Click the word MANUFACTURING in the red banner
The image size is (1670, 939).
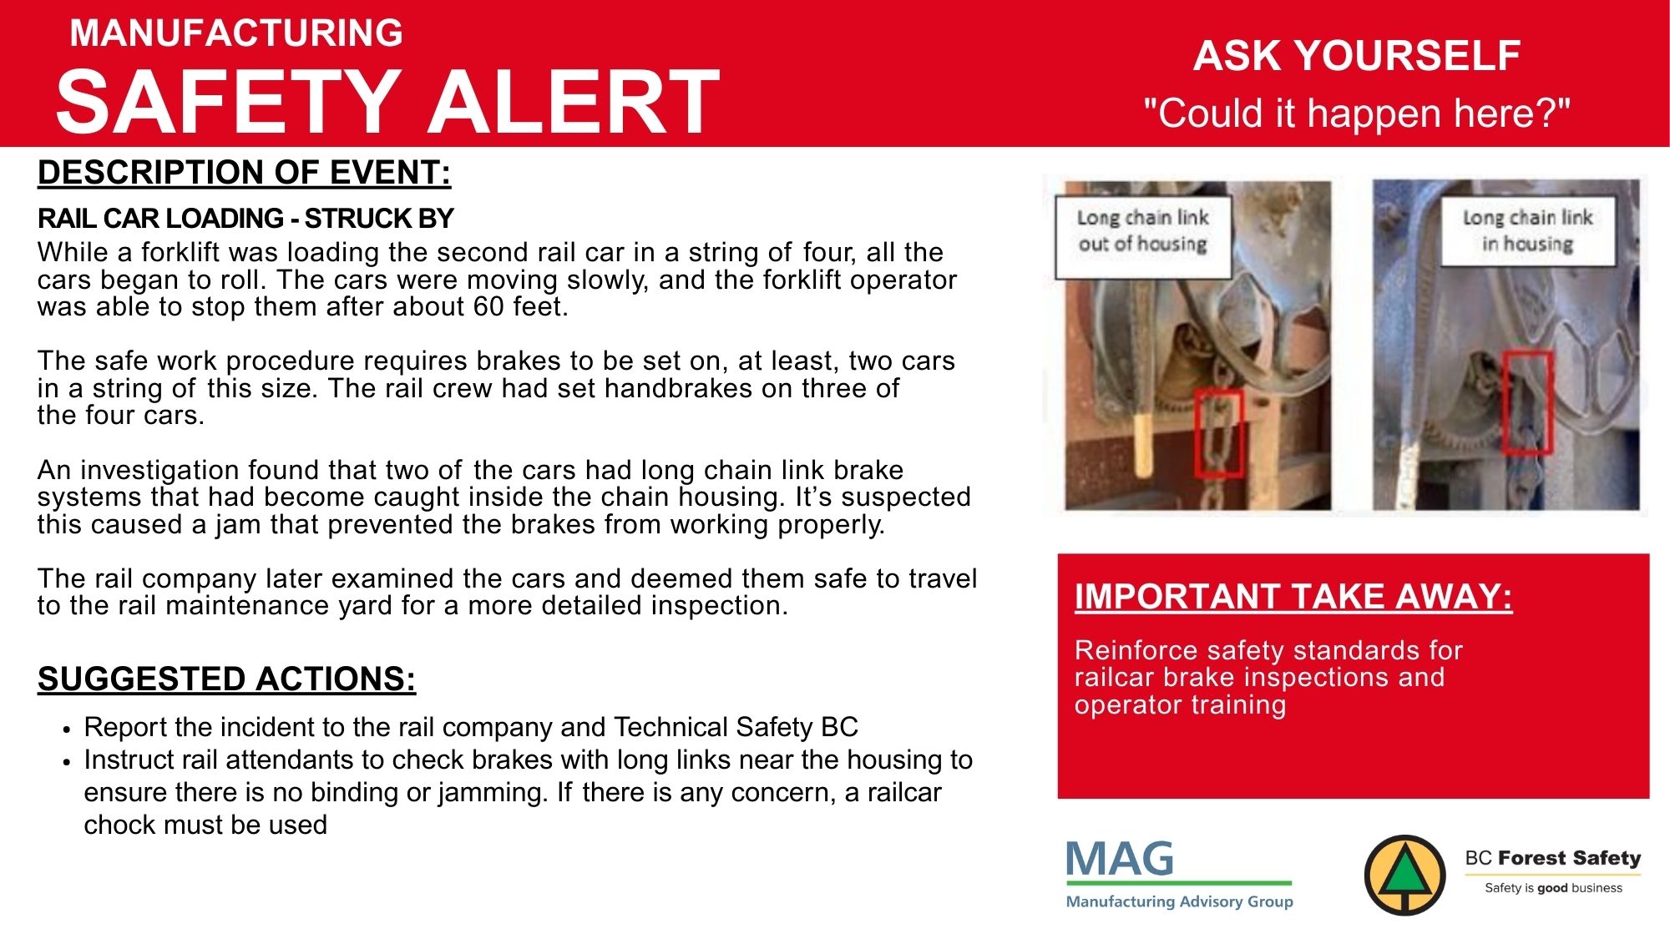236,33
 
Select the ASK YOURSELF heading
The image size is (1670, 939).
1357,56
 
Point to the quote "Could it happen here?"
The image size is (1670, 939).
1357,113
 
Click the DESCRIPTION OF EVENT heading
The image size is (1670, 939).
244,173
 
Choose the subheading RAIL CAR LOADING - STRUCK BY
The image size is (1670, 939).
245,219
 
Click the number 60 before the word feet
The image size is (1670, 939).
489,307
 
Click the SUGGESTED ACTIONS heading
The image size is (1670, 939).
226,679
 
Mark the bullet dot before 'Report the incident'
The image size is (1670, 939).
67,729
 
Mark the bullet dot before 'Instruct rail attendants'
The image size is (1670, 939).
67,761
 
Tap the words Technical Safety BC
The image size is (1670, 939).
736,727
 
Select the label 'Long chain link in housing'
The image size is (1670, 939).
1527,231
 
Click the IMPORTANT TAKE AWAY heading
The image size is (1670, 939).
1293,597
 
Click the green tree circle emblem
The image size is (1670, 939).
1404,876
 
